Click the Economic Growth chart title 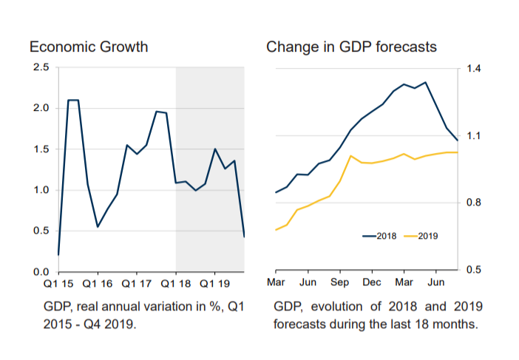click(x=89, y=47)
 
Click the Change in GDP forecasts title click(x=351, y=47)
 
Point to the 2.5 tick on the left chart click(x=42, y=68)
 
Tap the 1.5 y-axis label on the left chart click(x=42, y=149)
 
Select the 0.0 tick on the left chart click(x=42, y=272)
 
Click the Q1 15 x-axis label click(x=58, y=283)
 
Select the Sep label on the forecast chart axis click(x=339, y=282)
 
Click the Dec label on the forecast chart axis click(x=372, y=282)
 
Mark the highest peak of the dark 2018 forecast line click(x=425, y=82)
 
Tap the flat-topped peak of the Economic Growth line click(x=73, y=100)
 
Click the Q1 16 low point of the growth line click(x=98, y=226)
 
